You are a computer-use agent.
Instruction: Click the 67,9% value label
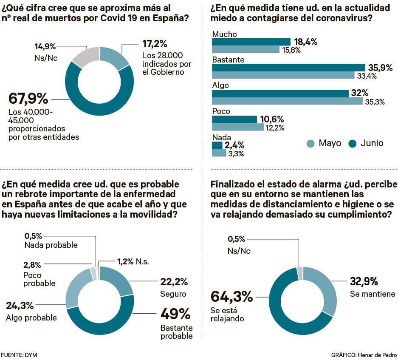tap(28, 99)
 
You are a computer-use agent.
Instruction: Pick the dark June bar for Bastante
tap(288, 68)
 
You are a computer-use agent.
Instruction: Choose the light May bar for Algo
tap(287, 101)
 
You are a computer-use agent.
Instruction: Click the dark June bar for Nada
tap(217, 145)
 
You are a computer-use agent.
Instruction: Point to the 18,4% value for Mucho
tap(305, 42)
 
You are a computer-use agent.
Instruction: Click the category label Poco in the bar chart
tap(221, 111)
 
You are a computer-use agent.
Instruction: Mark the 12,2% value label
tap(275, 128)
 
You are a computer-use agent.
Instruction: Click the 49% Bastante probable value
tap(175, 314)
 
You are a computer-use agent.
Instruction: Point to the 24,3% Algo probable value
tap(20, 306)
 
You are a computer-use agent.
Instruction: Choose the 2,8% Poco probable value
tap(32, 265)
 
